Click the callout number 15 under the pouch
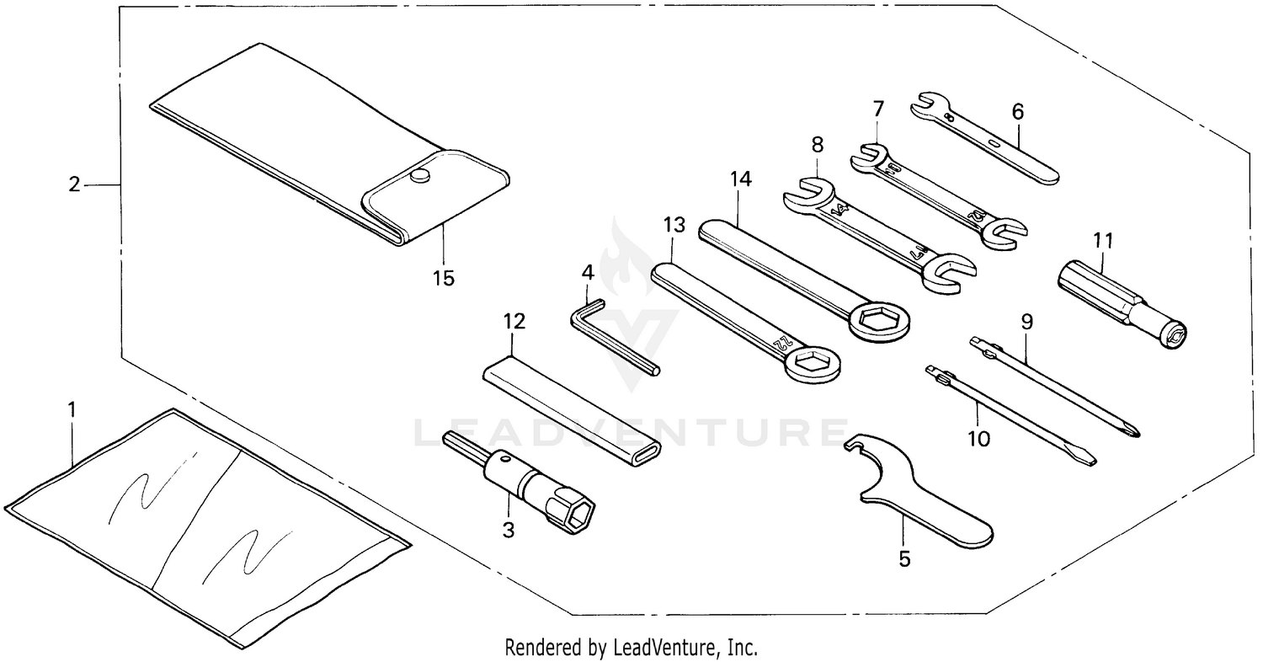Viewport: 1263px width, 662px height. coord(443,278)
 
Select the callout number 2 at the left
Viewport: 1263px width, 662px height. coord(74,184)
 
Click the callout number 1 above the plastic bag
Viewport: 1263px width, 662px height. coord(72,409)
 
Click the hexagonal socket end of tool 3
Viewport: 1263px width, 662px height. coord(575,509)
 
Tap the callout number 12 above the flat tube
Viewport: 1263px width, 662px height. coord(514,321)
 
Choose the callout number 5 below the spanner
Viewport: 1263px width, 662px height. coord(904,558)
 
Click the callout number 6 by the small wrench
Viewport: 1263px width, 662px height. coord(1017,110)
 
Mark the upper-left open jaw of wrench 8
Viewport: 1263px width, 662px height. coord(804,193)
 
